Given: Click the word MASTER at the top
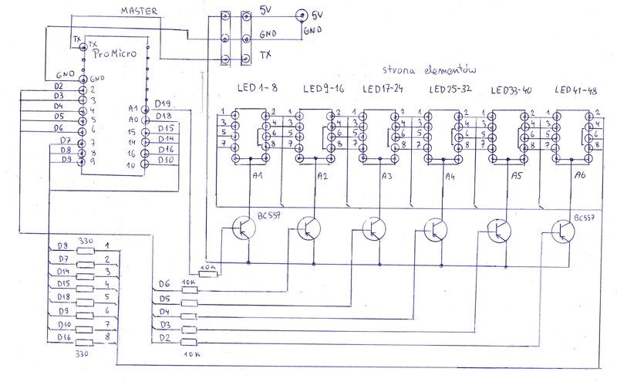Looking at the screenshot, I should click(x=140, y=11).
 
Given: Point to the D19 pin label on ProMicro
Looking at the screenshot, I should click(x=164, y=103).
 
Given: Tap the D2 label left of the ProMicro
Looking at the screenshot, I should click(x=60, y=85).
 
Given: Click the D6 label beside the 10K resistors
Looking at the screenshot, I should click(x=164, y=284).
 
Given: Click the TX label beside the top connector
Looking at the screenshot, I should click(x=265, y=55).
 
